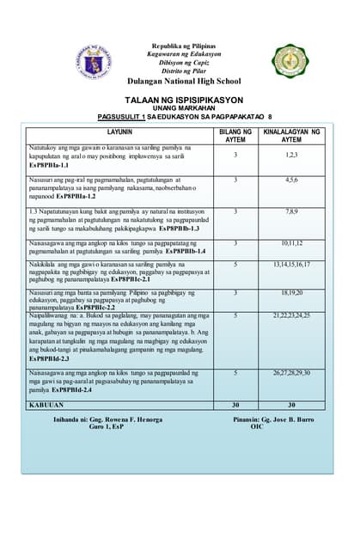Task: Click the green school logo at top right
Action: [289, 60]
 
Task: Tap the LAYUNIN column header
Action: [119, 132]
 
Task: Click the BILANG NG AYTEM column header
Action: [235, 135]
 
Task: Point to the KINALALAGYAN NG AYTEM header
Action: [291, 135]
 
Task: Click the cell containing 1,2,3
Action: [291, 155]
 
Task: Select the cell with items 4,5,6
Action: [291, 180]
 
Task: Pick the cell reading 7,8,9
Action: [291, 211]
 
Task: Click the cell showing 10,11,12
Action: [291, 243]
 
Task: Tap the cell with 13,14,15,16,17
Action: [291, 265]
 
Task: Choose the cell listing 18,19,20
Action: [291, 292]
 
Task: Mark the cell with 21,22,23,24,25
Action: [291, 315]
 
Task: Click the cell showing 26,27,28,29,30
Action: [291, 372]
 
